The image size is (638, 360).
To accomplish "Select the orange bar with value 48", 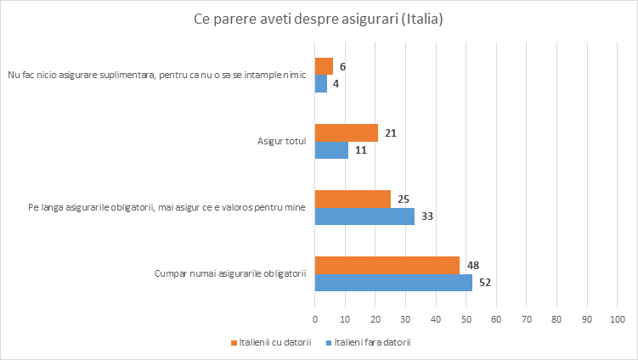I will coord(387,265).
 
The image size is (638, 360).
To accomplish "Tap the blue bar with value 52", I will coord(393,283).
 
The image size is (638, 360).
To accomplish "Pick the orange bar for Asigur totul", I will coord(347,132).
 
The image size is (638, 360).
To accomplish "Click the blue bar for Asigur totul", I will coord(331,150).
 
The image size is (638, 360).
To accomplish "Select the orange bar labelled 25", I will coord(353,199).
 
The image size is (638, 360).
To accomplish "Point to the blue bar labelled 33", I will coord(364,217).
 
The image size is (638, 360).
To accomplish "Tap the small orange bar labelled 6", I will coord(324,66).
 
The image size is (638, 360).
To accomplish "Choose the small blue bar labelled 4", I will coord(321,84).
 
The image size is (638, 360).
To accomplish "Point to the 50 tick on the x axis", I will coord(466,319).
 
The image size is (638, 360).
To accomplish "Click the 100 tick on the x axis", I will coord(617,319).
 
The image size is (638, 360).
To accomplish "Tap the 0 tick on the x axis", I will coord(315,319).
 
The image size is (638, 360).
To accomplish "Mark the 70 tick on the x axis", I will coord(526,319).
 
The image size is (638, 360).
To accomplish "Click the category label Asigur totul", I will coord(281,141).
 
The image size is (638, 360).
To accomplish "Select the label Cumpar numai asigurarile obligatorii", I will coord(229,273).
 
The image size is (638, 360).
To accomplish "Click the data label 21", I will coord(391,132).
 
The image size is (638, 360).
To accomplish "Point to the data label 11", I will coord(361,150).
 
